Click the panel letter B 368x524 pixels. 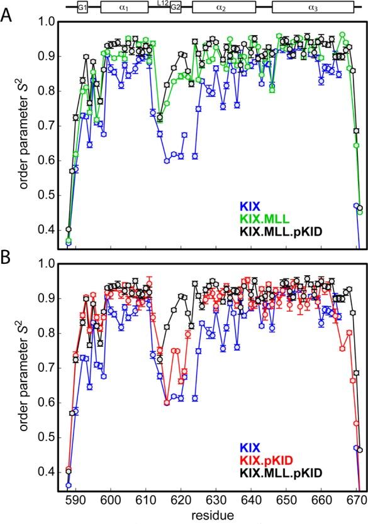click(x=8, y=258)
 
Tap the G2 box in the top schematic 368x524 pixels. click(x=176, y=7)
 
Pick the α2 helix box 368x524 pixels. click(x=224, y=7)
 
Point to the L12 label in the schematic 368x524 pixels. click(x=161, y=4)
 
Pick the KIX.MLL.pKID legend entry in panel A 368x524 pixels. click(x=304, y=234)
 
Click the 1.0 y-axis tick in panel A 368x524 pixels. click(x=45, y=22)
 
